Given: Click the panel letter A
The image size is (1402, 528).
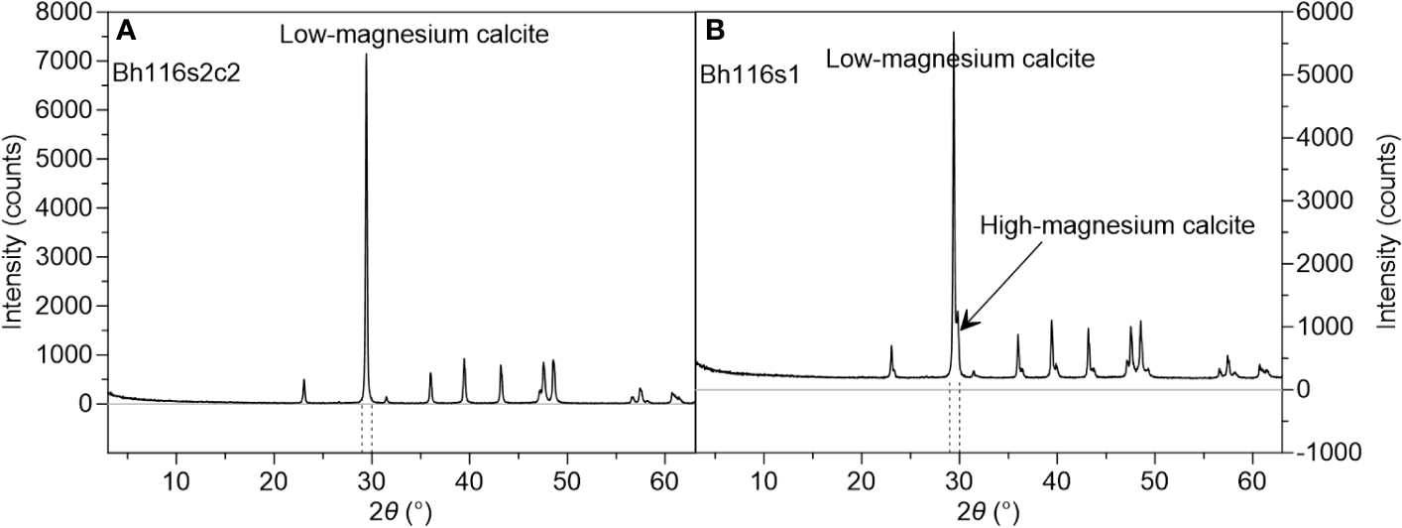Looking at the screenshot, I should click(126, 31).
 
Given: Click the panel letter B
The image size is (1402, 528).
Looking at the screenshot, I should click(715, 31).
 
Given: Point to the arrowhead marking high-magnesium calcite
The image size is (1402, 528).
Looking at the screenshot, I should click(962, 327).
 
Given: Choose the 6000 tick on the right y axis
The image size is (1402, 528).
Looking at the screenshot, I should click(1324, 12).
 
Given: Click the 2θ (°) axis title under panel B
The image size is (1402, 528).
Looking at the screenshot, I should click(987, 511).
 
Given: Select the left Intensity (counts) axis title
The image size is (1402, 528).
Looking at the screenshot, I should click(17, 232).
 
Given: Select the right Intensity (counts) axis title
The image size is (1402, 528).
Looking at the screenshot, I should click(1385, 232).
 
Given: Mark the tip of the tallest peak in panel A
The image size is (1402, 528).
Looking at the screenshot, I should click(366, 55).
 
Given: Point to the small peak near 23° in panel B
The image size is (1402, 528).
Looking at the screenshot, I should click(891, 346).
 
